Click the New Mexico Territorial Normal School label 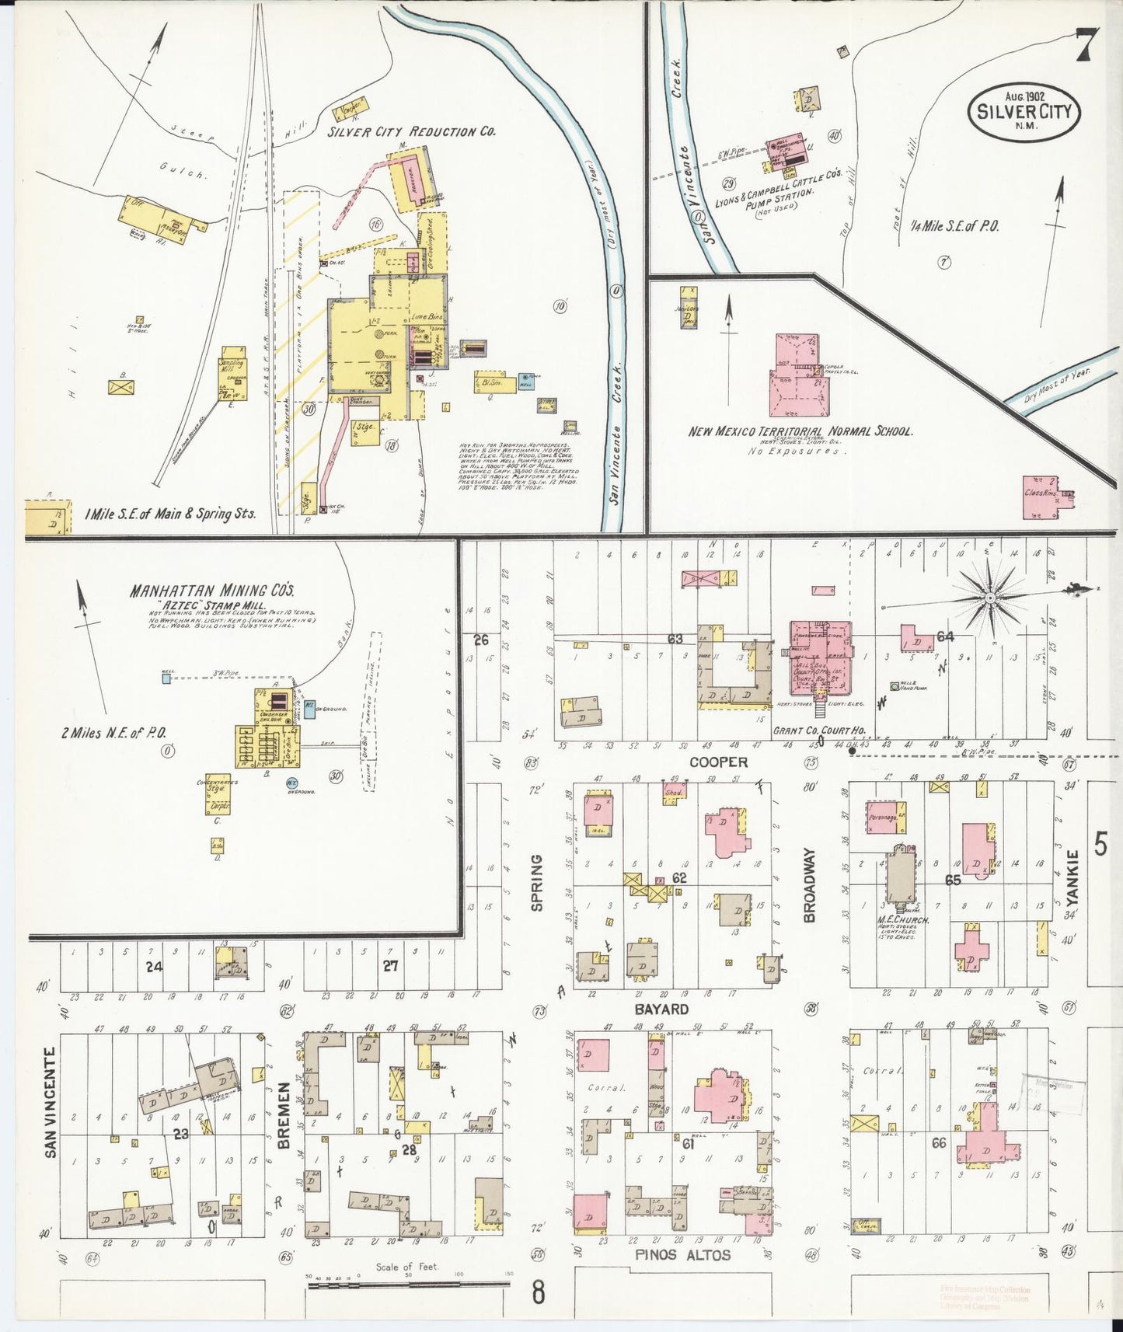(800, 432)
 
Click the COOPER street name (718, 762)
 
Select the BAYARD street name (660, 1009)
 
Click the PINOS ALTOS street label (672, 1254)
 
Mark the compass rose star (990, 597)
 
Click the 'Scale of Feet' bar (407, 1285)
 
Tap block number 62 (680, 877)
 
